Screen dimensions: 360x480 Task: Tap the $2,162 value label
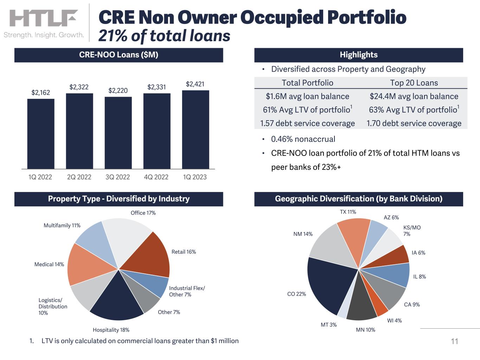point(41,92)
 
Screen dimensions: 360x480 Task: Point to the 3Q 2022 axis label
point(118,177)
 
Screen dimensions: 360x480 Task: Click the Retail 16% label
point(184,252)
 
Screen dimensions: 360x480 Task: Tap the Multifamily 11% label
point(62,225)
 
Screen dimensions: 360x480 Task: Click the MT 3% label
point(328,324)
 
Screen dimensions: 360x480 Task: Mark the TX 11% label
point(348,212)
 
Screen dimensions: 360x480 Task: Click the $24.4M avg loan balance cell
point(414,96)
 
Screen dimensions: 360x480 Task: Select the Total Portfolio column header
point(307,83)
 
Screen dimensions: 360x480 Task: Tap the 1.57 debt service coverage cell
point(307,123)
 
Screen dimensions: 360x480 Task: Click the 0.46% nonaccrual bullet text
point(303,139)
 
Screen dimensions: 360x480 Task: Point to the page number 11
point(454,341)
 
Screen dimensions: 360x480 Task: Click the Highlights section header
point(358,55)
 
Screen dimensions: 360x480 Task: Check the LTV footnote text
point(140,341)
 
